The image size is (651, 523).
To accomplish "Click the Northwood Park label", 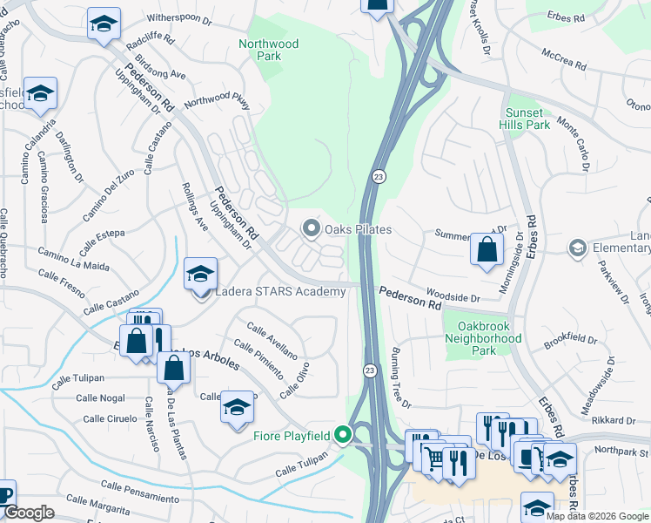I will click(269, 50).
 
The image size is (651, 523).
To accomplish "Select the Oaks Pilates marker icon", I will click(312, 229).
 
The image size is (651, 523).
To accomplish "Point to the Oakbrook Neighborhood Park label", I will click(483, 339).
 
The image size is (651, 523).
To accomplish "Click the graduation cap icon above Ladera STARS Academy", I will click(200, 275).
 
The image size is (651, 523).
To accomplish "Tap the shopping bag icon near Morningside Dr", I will click(487, 249).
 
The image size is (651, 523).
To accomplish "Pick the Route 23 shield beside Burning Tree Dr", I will click(369, 370).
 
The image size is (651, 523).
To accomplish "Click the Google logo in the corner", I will click(30, 513).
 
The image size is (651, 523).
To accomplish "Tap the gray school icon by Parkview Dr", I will click(576, 249).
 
